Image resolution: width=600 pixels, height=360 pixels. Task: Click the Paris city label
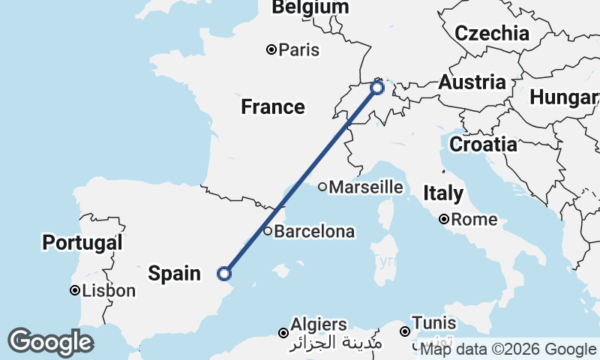(x=298, y=50)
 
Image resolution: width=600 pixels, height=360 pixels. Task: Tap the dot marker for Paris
(x=271, y=50)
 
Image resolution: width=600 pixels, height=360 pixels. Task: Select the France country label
(x=273, y=107)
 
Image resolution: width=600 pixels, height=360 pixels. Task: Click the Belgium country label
(x=310, y=7)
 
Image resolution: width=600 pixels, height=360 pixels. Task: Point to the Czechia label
(x=492, y=33)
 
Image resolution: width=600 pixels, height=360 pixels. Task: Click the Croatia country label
(x=483, y=144)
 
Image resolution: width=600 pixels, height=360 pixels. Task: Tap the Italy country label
(x=442, y=193)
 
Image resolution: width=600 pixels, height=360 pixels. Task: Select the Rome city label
(x=475, y=220)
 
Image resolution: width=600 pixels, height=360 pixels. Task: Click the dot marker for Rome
(x=445, y=220)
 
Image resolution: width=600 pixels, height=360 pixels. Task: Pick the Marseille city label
(x=367, y=187)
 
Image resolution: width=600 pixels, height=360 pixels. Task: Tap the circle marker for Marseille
(x=322, y=187)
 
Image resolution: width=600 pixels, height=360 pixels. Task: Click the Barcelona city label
(x=314, y=232)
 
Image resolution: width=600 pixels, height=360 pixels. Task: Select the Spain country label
(x=174, y=273)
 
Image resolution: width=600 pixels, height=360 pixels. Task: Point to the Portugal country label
(x=82, y=242)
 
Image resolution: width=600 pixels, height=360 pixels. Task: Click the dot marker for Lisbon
(x=75, y=291)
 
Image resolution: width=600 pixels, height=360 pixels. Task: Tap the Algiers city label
(x=319, y=325)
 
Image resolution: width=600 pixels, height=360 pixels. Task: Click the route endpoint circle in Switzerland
(x=376, y=88)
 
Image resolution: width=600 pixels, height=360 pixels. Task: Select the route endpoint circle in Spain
(x=223, y=274)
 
